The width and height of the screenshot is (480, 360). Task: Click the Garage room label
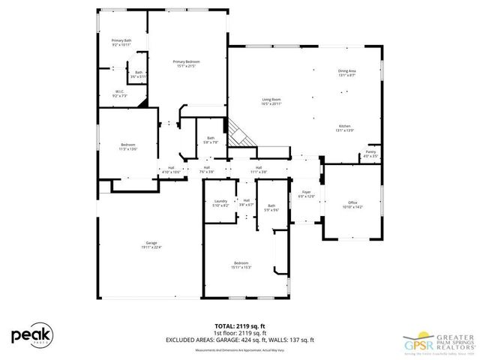[151, 244]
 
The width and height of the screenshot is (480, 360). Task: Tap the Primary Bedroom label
[187, 63]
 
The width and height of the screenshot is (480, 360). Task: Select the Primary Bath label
[121, 42]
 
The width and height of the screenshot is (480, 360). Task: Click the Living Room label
[271, 101]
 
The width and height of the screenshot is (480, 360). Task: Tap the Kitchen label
[344, 128]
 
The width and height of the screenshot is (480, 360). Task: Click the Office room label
[352, 204]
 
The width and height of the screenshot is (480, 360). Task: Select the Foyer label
[306, 194]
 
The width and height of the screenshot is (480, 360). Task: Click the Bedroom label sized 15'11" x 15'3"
[241, 265]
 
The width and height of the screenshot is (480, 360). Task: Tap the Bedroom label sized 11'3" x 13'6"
[128, 146]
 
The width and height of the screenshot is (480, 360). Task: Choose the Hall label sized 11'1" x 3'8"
[258, 169]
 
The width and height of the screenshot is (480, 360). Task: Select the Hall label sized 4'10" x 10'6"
[171, 169]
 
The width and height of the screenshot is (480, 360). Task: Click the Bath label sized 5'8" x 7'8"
[211, 139]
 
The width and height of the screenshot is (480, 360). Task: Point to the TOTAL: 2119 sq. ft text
[239, 325]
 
